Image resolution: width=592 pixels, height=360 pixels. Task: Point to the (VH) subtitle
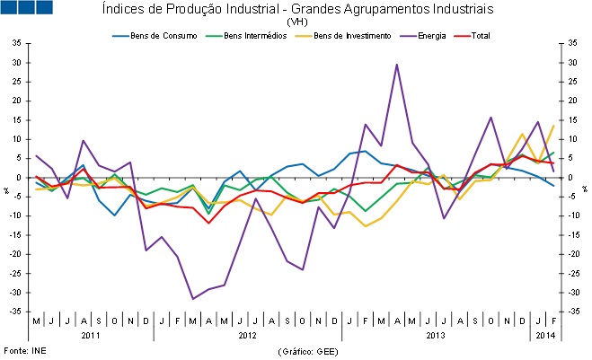pyautogui.click(x=297, y=22)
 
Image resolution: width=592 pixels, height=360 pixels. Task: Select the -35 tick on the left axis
pyautogui.click(x=16, y=312)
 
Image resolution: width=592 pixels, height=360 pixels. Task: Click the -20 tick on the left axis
pyautogui.click(x=16, y=254)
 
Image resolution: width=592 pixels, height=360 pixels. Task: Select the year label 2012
pyautogui.click(x=247, y=335)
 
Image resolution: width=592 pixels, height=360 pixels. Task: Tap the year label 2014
pyautogui.click(x=544, y=335)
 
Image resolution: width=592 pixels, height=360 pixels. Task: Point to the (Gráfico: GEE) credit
pyautogui.click(x=308, y=349)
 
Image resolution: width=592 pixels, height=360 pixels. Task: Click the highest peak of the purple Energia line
pyautogui.click(x=396, y=65)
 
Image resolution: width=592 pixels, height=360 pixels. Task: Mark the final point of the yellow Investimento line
pyautogui.click(x=552, y=126)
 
